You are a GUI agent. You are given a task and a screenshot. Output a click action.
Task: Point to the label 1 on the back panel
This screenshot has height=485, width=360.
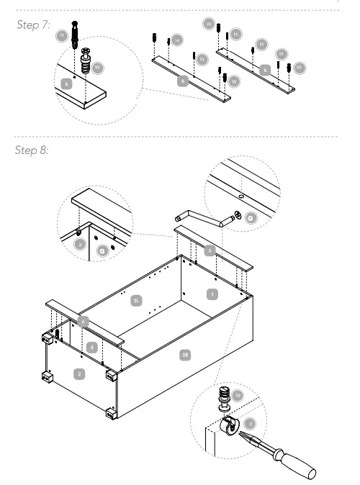tap(212, 293)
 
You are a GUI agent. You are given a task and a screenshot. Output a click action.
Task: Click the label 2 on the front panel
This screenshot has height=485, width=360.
tap(80, 373)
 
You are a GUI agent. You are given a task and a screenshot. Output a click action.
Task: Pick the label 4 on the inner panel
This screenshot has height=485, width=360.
tap(91, 347)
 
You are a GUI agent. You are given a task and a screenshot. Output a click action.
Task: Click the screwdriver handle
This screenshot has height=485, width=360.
tap(300, 467)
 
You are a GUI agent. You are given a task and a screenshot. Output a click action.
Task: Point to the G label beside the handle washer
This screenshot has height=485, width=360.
tap(250, 215)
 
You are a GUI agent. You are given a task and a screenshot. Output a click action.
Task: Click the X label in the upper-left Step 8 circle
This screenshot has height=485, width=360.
tap(81, 243)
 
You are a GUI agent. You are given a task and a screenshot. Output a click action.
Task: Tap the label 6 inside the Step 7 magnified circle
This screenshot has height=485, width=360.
tap(68, 83)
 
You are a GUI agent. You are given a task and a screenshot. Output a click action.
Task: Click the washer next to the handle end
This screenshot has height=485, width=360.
tap(235, 213)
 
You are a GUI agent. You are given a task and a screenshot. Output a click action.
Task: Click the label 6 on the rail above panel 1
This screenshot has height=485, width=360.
tap(210, 251)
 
